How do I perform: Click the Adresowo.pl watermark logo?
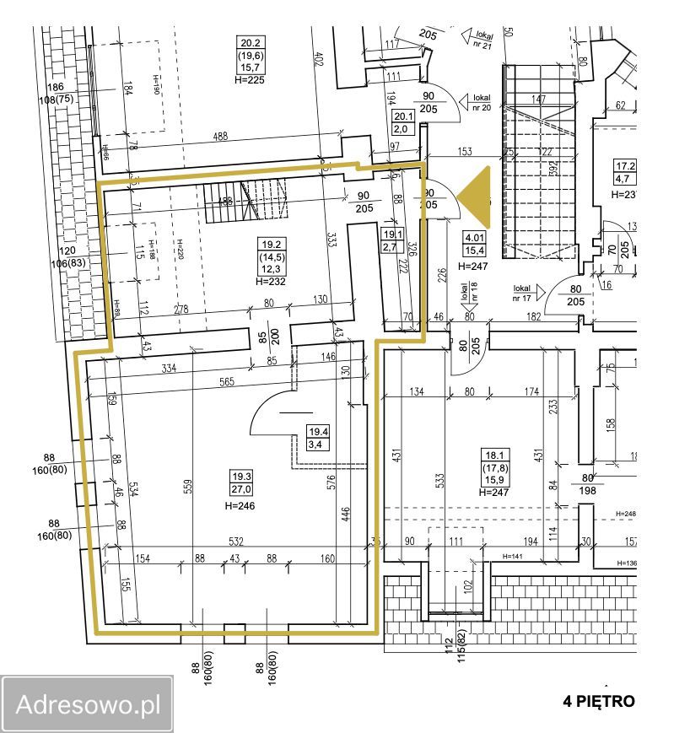pyautogui.click(x=86, y=704)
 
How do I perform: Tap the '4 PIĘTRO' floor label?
pyautogui.click(x=598, y=701)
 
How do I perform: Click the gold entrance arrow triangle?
pyautogui.click(x=475, y=200)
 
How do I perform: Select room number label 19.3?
pyautogui.click(x=242, y=478)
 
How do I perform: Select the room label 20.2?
pyautogui.click(x=251, y=43)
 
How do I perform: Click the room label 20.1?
pyautogui.click(x=405, y=116)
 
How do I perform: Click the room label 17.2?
pyautogui.click(x=625, y=166)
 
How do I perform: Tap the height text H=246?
pyautogui.click(x=240, y=506)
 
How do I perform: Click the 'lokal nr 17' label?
pyautogui.click(x=524, y=294)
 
